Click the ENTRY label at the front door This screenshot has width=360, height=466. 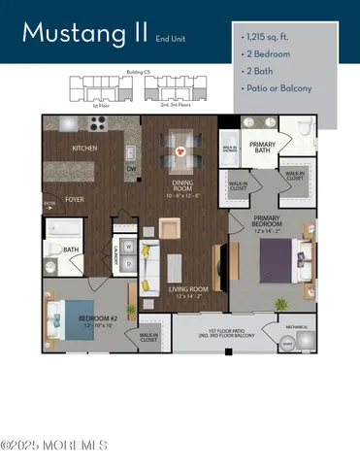coord(48,203)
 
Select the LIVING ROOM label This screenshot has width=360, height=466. coord(189,288)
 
